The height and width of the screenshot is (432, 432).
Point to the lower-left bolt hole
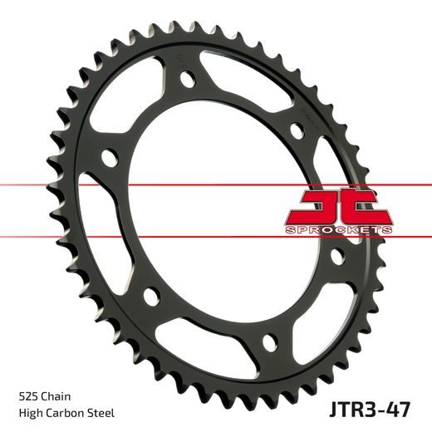(150, 296)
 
